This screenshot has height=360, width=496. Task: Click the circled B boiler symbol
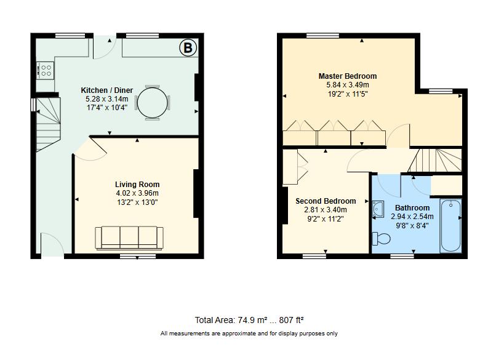coord(186,48)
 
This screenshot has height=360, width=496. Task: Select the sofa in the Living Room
coord(129,238)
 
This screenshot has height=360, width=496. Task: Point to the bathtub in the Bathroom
coord(450,225)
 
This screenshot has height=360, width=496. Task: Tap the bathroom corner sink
coord(378,210)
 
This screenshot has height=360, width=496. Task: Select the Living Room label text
coord(137,185)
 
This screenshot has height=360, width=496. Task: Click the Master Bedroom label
coord(347,76)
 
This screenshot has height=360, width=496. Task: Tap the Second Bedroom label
coord(326,201)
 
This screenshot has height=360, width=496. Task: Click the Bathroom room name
coord(412,208)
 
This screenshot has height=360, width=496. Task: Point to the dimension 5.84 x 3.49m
coord(347,85)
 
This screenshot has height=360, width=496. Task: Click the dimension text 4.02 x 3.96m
coord(137,193)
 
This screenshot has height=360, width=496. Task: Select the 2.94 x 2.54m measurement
coord(413,217)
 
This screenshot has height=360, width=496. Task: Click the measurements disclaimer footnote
coord(249,334)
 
